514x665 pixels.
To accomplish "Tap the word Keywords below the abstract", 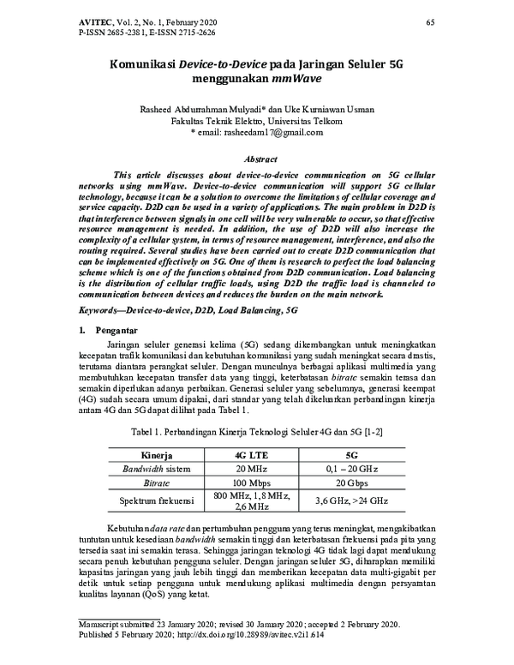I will click(101, 307).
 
